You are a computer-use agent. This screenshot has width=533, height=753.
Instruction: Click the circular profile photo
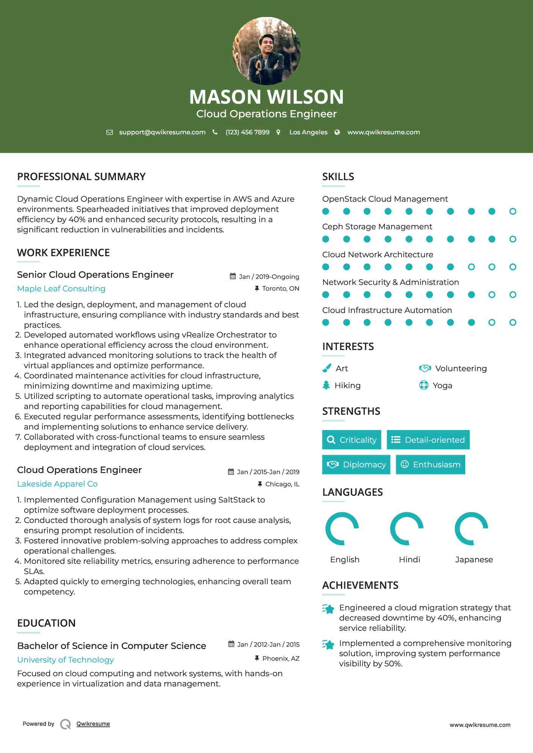click(266, 51)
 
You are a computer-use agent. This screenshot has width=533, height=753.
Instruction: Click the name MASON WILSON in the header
click(266, 97)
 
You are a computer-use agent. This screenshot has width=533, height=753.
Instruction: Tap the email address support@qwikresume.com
click(162, 132)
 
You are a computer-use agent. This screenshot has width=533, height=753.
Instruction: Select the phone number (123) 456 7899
click(247, 132)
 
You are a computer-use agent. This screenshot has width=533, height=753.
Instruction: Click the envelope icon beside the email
click(109, 132)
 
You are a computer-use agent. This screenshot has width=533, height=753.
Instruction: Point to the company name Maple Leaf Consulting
click(61, 289)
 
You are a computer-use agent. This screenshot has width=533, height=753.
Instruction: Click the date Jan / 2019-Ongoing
click(269, 277)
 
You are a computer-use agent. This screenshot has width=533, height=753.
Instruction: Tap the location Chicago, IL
click(282, 484)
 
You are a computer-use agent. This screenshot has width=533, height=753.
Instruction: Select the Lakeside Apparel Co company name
click(57, 484)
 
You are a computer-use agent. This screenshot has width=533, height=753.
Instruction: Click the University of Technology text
click(66, 660)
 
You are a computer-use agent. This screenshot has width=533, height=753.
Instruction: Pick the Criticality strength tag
click(352, 440)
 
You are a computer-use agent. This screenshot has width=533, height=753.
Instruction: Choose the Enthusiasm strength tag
click(430, 465)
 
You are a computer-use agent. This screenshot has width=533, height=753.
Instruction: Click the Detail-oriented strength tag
click(428, 440)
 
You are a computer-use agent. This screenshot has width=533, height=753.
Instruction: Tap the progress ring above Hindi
click(406, 529)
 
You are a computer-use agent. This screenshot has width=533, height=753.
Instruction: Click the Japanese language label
click(474, 560)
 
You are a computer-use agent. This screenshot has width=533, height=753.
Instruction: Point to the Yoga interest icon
click(424, 385)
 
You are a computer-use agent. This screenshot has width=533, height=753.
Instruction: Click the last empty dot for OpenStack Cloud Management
click(513, 212)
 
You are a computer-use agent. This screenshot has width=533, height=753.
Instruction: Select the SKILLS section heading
click(338, 177)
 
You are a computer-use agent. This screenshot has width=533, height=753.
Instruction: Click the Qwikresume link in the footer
click(93, 724)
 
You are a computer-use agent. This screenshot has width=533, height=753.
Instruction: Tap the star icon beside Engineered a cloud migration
click(328, 609)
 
